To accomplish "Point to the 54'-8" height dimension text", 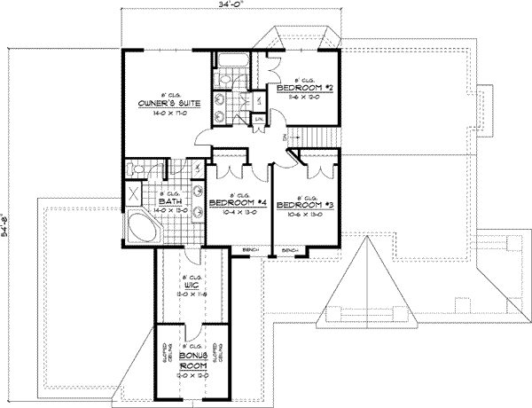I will click(7, 233).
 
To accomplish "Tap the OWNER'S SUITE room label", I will click(167, 103).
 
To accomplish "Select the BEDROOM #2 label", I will click(303, 89).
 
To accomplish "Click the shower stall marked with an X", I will click(135, 194).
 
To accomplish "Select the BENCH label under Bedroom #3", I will click(289, 251).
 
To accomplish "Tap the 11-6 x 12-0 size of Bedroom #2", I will click(303, 98).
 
